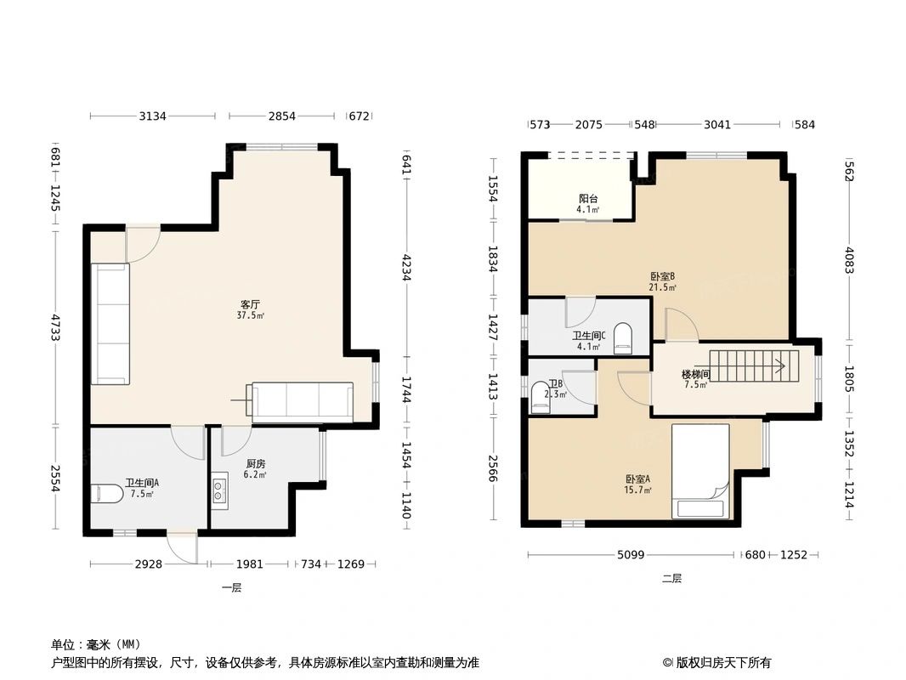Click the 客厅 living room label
[250, 304]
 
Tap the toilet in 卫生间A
[107, 494]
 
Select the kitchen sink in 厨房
[219, 490]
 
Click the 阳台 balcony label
[588, 199]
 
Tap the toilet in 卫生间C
[622, 338]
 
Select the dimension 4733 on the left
[54, 327]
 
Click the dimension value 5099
[631, 555]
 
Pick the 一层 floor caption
[232, 587]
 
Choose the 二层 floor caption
[672, 578]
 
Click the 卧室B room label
[662, 276]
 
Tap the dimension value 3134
[152, 116]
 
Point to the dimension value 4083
[849, 260]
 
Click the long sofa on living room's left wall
[110, 324]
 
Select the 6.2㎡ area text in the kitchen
[255, 475]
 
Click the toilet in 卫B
[541, 397]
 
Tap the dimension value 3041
[717, 124]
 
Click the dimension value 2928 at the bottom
[149, 564]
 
